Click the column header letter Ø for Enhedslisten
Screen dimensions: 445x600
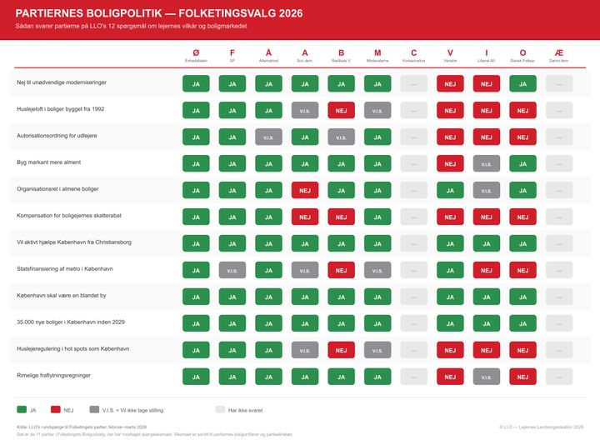pyautogui.click(x=196, y=52)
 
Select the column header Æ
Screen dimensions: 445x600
pyautogui.click(x=559, y=52)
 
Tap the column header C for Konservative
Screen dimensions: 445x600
pyautogui.click(x=414, y=52)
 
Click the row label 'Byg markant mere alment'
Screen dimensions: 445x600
pyautogui.click(x=49, y=162)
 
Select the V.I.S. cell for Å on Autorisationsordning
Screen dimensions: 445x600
pyautogui.click(x=268, y=136)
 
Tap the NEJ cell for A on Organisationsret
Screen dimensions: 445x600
pyautogui.click(x=305, y=189)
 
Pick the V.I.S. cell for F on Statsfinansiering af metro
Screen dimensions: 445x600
pyautogui.click(x=232, y=269)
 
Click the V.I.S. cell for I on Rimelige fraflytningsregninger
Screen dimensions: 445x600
pyautogui.click(x=487, y=377)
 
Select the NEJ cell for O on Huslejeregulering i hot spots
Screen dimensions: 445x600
pyautogui.click(x=522, y=350)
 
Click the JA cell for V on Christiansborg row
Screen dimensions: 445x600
pyautogui.click(x=450, y=242)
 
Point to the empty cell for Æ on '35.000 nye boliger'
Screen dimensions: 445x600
pyautogui.click(x=559, y=323)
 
